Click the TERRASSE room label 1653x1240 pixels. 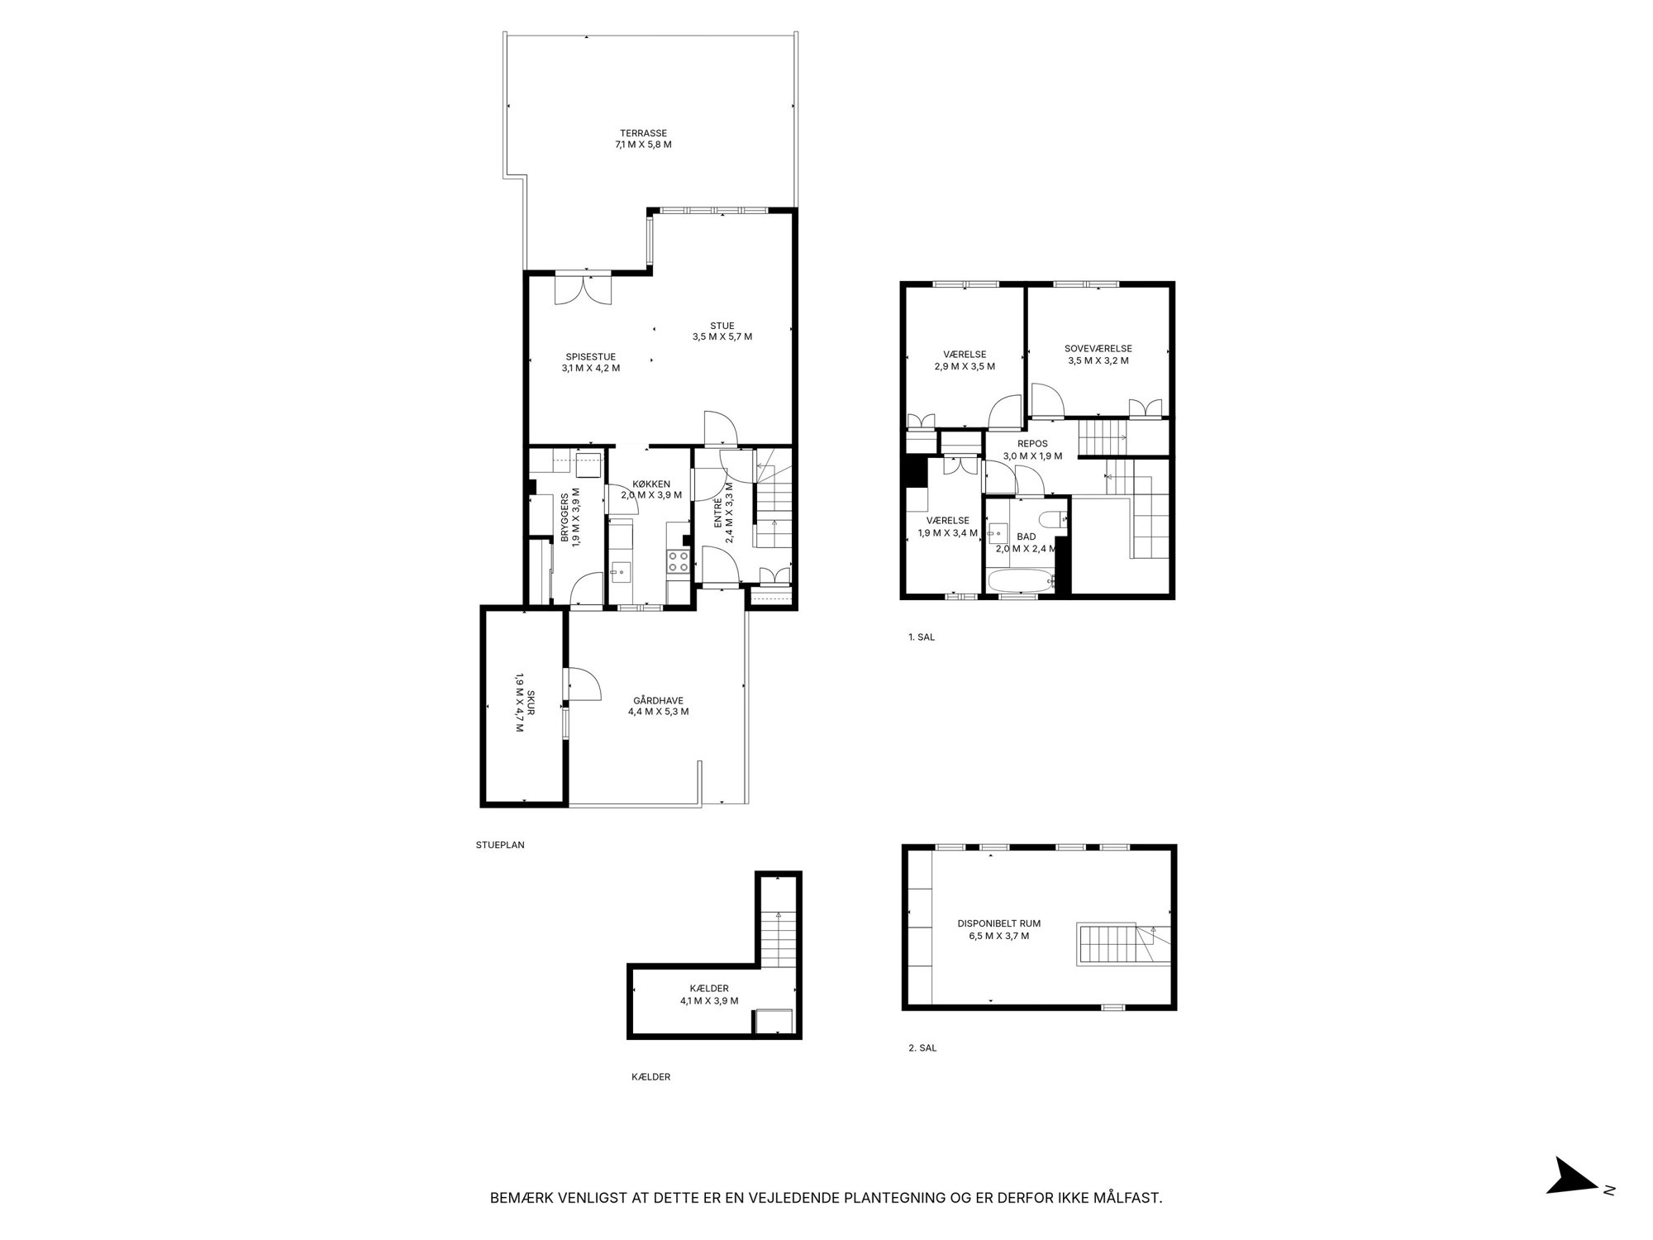pos(644,133)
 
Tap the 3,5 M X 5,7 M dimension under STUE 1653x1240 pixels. pos(722,336)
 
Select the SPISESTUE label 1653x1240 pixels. pos(591,357)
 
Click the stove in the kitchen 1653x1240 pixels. pos(679,562)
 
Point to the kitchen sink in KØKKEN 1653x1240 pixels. pos(620,570)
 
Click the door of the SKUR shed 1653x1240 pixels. pos(582,684)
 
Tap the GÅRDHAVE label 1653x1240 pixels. pos(659,700)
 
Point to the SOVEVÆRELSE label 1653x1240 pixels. pos(1098,349)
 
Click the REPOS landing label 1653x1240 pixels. pos(1032,444)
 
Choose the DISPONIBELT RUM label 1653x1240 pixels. pos(999,923)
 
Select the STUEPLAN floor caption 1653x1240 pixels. pos(500,845)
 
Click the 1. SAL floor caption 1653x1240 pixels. pos(921,637)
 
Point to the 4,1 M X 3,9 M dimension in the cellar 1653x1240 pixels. pos(709,1000)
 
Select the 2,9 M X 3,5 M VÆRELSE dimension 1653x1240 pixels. pos(965,366)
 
